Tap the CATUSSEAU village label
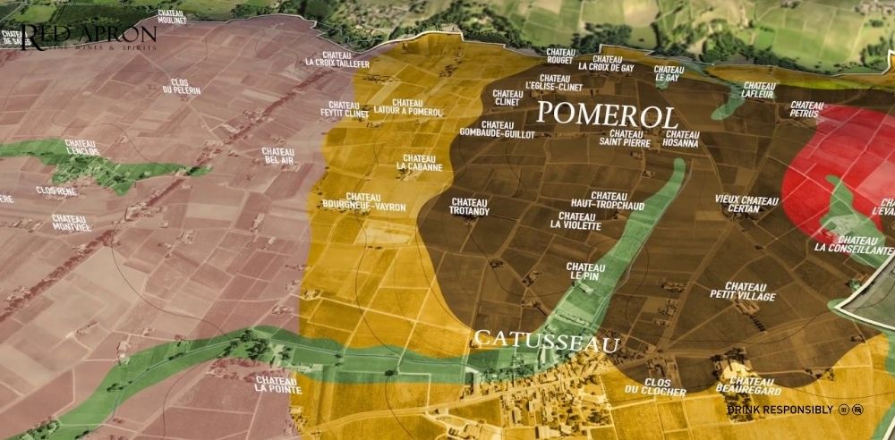pyautogui.click(x=547, y=339)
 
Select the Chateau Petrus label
pyautogui.click(x=806, y=110)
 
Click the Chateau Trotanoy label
pyautogui.click(x=470, y=207)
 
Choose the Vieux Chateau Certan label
pyautogui.click(x=747, y=204)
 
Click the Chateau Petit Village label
pyautogui.click(x=743, y=292)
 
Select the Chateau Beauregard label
pyautogui.click(x=749, y=386)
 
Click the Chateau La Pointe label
pyautogui.click(x=272, y=385)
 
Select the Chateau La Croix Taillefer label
pyautogui.click(x=337, y=58)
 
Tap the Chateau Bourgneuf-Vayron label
pyautogui.click(x=364, y=202)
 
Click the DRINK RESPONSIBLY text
pyautogui.click(x=780, y=410)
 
